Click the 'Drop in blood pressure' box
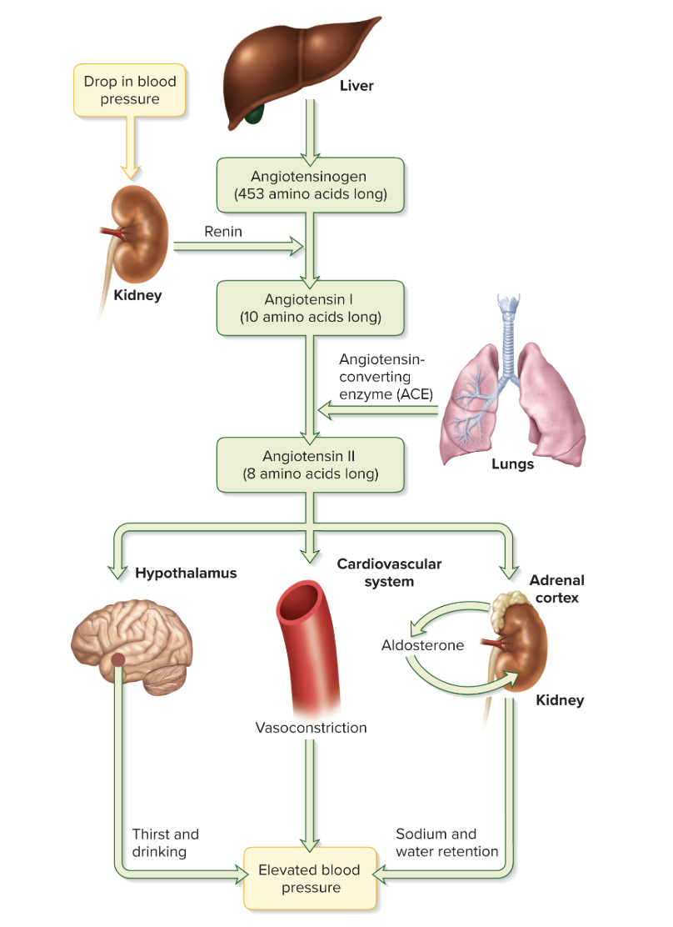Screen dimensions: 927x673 pyautogui.click(x=129, y=90)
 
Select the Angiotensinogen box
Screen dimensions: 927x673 pyautogui.click(x=310, y=186)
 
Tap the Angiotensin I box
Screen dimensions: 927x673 pyautogui.click(x=310, y=308)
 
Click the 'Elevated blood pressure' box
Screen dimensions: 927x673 pyautogui.click(x=311, y=879)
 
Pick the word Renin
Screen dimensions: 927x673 pyautogui.click(x=223, y=232)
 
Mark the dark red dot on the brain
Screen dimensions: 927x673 pyautogui.click(x=118, y=660)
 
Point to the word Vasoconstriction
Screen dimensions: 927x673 pyautogui.click(x=311, y=728)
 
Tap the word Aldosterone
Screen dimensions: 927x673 pyautogui.click(x=422, y=645)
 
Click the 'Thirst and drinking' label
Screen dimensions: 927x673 pyautogui.click(x=165, y=843)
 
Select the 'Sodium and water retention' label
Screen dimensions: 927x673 pyautogui.click(x=446, y=843)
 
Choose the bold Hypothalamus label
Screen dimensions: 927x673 pyautogui.click(x=186, y=574)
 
